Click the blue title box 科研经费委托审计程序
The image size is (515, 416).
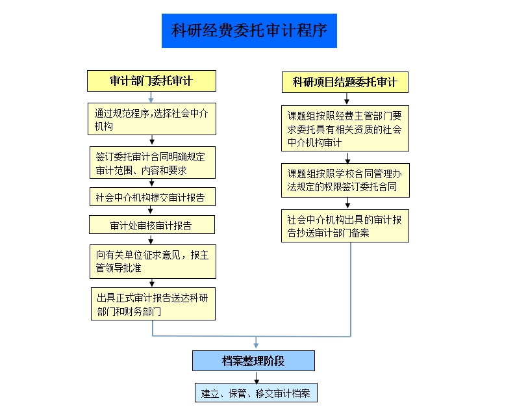point(249,31)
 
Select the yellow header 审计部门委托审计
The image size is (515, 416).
point(151,81)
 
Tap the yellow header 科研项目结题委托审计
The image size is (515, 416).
point(345,82)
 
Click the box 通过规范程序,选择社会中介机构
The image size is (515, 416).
point(152,119)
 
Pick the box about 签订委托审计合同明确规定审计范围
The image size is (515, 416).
point(152,162)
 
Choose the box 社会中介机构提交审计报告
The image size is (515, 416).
point(152,196)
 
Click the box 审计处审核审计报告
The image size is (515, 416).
point(152,225)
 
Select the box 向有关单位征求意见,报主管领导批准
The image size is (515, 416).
point(152,261)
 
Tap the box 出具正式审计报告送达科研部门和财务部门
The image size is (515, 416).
point(152,304)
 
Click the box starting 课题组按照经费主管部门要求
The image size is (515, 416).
point(345,129)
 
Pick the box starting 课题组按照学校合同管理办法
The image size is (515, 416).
point(345,180)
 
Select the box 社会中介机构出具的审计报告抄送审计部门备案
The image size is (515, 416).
point(345,226)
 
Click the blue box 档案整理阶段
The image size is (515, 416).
point(253,361)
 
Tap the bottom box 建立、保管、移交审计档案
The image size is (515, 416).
point(256,393)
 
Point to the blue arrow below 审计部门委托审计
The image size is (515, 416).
point(151,97)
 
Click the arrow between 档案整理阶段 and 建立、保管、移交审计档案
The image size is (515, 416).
point(256,377)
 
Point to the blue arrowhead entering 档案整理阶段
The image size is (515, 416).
point(256,344)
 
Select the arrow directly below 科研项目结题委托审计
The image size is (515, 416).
point(347,99)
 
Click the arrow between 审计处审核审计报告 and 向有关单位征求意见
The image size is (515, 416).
point(151,239)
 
